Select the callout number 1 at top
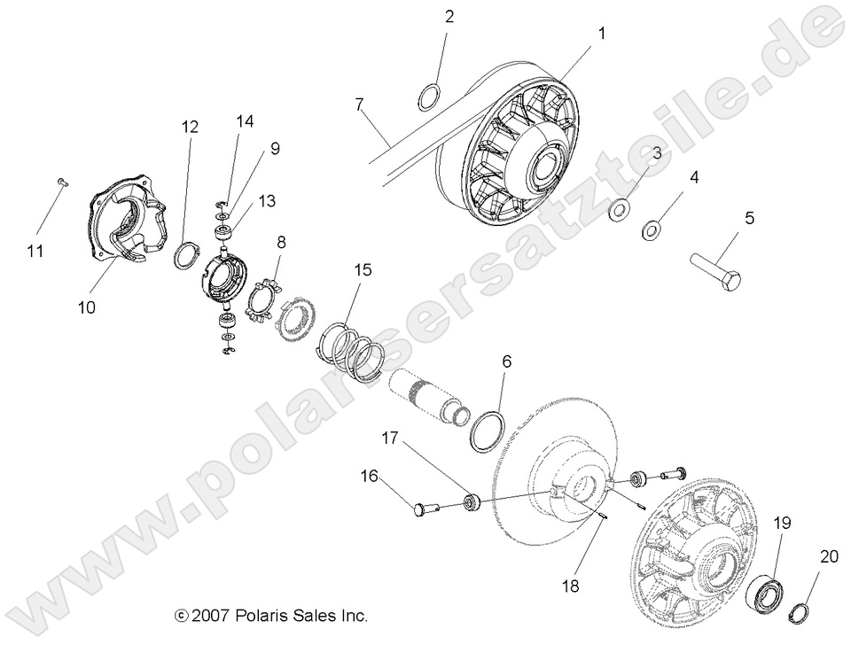(602, 34)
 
